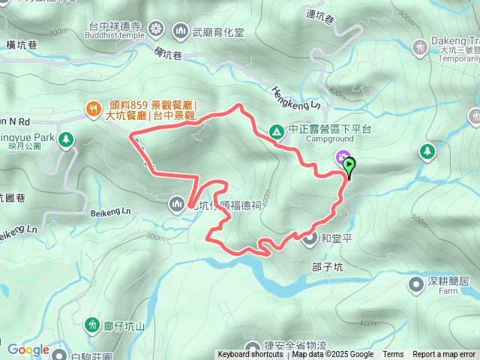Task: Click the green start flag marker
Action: click(349, 166)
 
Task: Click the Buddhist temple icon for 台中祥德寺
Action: click(156, 29)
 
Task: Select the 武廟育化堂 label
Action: click(218, 31)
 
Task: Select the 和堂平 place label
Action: click(334, 240)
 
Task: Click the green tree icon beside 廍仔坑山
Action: click(93, 325)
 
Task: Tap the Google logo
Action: click(28, 349)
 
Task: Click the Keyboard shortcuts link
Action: click(250, 355)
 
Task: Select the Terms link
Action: click(393, 355)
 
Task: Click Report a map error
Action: click(444, 355)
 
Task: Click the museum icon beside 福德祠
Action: click(177, 203)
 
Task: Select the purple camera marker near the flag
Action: click(343, 157)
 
